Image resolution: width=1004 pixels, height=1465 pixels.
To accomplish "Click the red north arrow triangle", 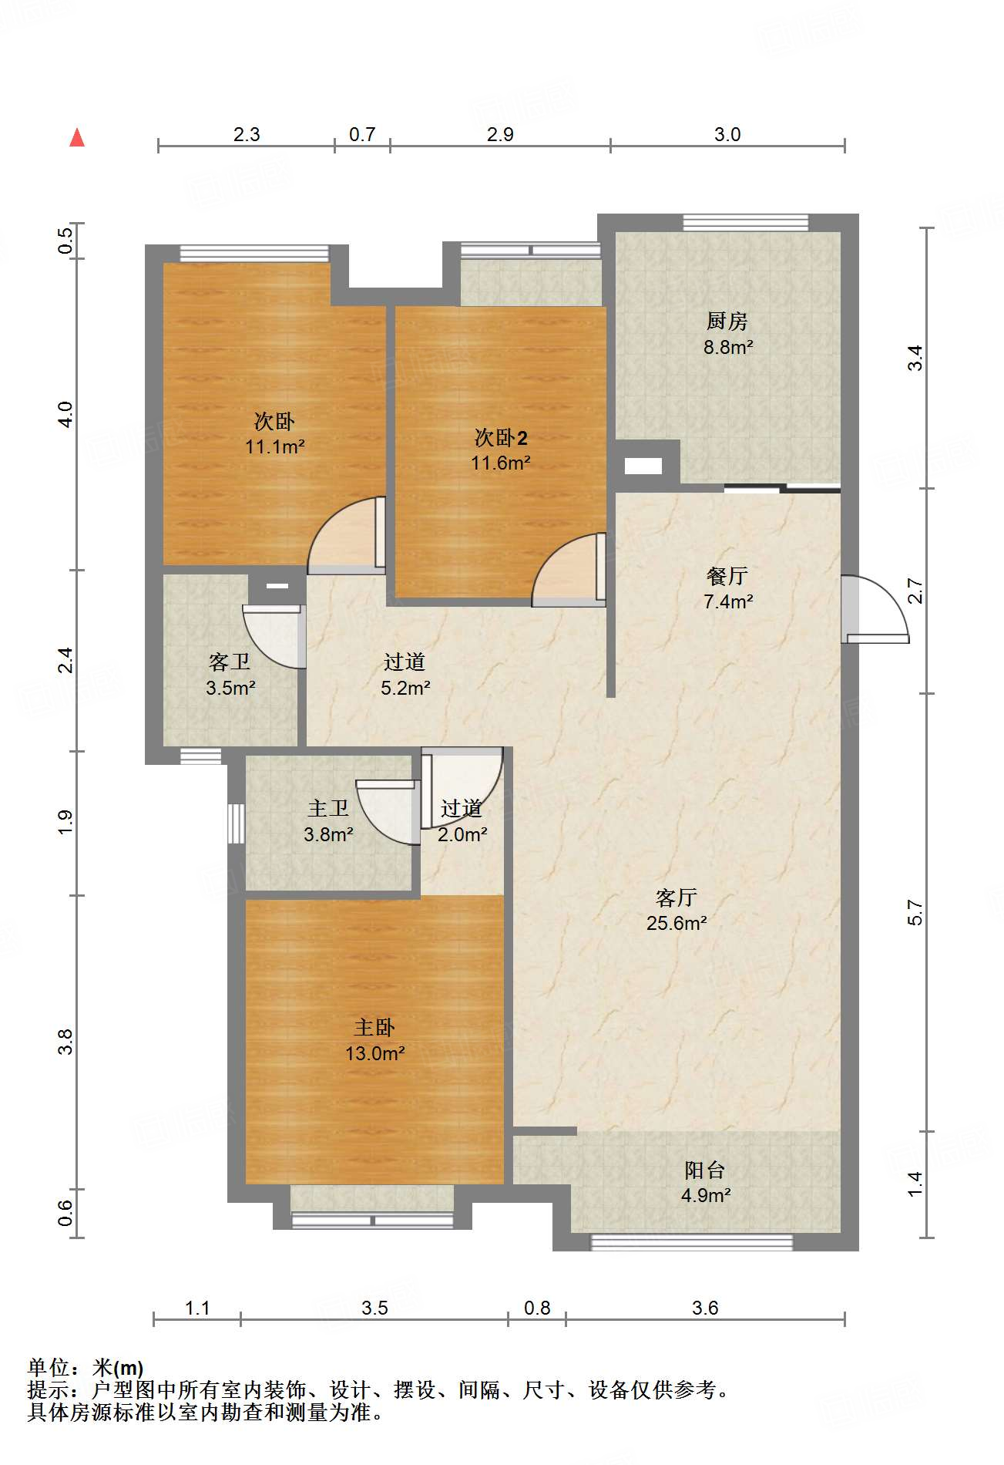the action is tap(77, 137).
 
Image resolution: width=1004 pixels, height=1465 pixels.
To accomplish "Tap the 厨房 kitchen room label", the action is tap(727, 321).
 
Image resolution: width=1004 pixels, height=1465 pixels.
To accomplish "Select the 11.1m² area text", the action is tap(275, 446).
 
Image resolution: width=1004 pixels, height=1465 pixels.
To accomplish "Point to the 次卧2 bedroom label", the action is tap(501, 438).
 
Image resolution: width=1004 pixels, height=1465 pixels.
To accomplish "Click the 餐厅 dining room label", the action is tap(727, 575).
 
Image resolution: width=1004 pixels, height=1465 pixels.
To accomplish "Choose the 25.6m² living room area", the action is tap(677, 923).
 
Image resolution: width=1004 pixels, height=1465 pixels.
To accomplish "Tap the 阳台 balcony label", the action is tap(705, 1170).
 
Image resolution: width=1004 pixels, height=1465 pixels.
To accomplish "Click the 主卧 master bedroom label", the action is tap(374, 1028).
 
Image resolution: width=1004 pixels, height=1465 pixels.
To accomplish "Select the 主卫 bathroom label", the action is tap(328, 809).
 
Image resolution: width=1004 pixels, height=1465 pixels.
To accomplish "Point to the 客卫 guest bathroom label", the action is tap(230, 662).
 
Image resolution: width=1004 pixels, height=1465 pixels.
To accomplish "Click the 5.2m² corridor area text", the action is tap(405, 688).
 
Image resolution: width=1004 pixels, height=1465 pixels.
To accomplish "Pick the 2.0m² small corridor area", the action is tap(462, 834).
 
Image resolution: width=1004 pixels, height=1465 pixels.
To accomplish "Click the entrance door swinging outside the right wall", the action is tap(876, 609).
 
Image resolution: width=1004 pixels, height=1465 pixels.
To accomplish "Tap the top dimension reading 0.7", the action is tap(362, 134).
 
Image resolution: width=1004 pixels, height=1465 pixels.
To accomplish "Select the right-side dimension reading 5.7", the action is tap(915, 912).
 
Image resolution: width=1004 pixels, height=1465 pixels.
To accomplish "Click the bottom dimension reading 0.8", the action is tap(537, 1308).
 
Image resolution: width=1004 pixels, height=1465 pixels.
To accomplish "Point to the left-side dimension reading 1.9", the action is tap(65, 822).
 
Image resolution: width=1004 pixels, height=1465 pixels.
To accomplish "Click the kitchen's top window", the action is tap(746, 223).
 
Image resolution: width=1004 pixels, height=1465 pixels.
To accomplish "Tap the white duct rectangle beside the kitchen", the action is tap(643, 466).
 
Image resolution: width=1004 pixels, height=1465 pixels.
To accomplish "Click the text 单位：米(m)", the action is tap(86, 1368).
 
